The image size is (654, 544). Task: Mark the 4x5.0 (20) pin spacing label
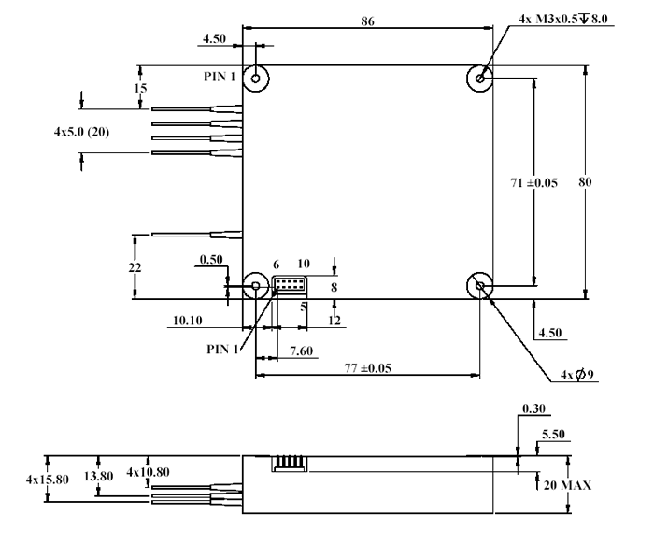click(81, 133)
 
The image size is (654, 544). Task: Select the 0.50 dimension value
click(210, 261)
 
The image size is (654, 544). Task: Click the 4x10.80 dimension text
click(148, 472)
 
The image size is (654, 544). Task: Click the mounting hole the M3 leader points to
click(480, 79)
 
